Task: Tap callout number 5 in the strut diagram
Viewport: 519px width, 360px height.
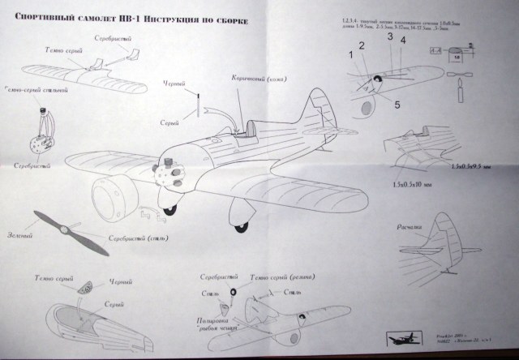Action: pos(398,103)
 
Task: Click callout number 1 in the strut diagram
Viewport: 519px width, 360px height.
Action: pos(351,55)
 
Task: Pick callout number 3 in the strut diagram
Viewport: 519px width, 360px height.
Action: pos(389,36)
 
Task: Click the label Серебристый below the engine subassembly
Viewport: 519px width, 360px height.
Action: pos(32,165)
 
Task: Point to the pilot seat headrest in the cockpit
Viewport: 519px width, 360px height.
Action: pos(254,126)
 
